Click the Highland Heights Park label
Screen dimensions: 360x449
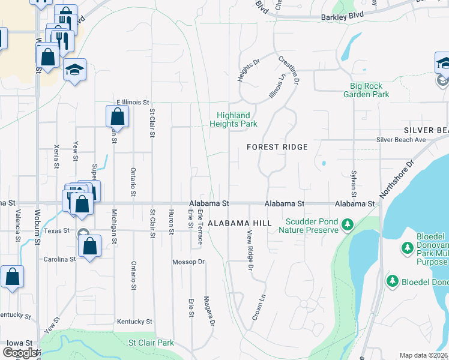click(233, 119)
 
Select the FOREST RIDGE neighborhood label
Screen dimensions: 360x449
click(277, 147)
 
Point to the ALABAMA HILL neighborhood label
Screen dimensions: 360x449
click(240, 223)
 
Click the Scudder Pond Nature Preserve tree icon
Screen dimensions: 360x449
click(347, 225)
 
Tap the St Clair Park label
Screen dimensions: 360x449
click(151, 343)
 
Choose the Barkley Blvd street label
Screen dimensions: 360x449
click(342, 18)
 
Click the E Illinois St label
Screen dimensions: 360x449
click(132, 103)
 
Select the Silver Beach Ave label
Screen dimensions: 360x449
click(401, 140)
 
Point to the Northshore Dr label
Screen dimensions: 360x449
click(397, 179)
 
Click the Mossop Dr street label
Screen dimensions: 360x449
click(188, 262)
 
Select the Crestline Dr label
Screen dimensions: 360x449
click(289, 69)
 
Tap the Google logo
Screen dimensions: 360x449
click(20, 353)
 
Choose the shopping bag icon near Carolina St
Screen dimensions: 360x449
click(89, 246)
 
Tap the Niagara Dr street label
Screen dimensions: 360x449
click(209, 311)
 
